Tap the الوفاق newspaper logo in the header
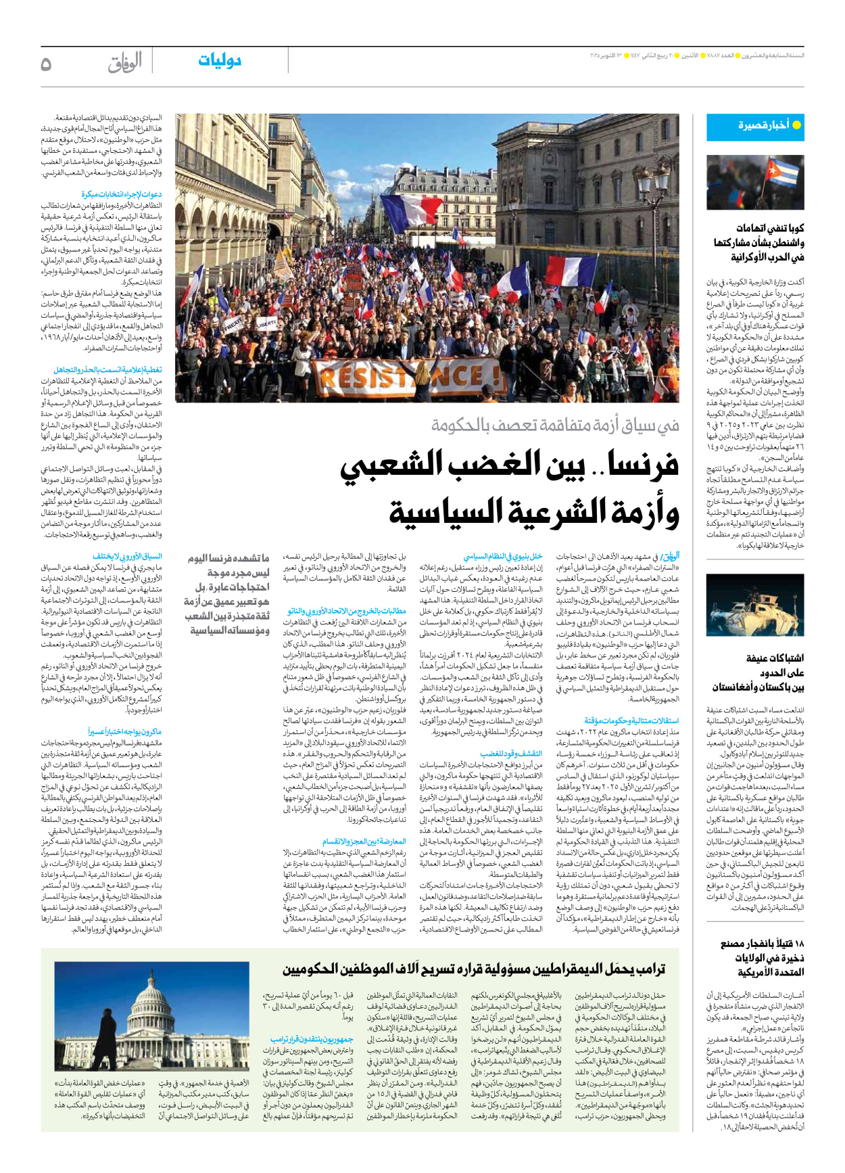click(x=124, y=63)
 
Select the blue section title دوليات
click(x=220, y=61)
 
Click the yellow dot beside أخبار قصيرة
click(x=796, y=125)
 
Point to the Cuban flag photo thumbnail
click(x=754, y=182)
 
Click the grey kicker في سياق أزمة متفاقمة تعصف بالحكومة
click(x=555, y=425)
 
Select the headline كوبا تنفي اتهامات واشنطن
click(x=758, y=243)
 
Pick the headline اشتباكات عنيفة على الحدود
click(x=758, y=672)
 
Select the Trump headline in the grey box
click(x=473, y=970)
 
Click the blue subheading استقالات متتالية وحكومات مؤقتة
click(x=631, y=721)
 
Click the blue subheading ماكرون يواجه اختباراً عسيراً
click(x=124, y=732)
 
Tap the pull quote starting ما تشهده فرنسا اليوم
click(x=227, y=595)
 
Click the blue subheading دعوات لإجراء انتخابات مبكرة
click(x=122, y=195)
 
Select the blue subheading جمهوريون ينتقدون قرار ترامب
click(x=312, y=1039)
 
